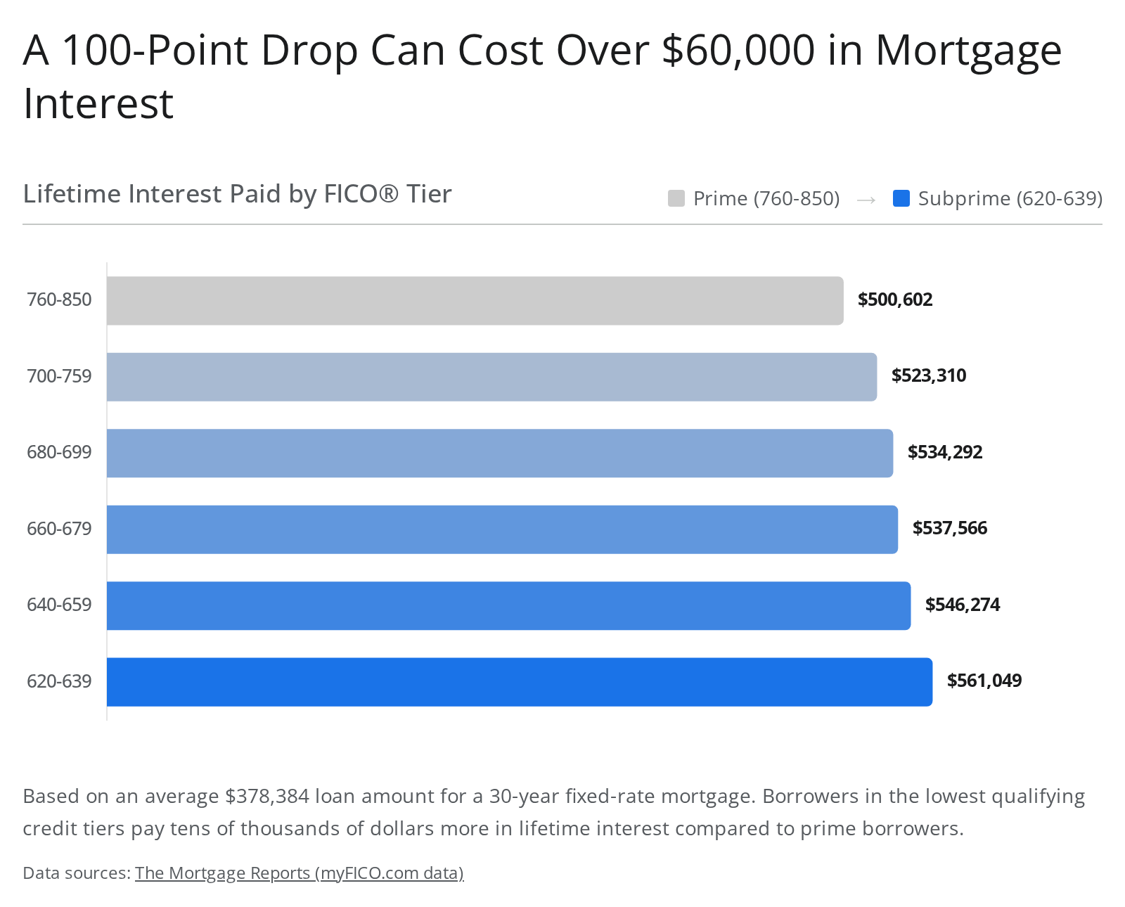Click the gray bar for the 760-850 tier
(475, 301)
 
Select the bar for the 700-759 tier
(491, 377)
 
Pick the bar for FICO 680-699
(500, 453)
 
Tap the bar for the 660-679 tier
(502, 529)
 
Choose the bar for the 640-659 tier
(508, 606)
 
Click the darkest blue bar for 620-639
(519, 682)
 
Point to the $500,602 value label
(895, 300)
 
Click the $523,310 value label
(928, 375)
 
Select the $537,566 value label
(950, 528)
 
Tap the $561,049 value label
(984, 681)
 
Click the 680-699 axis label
(59, 452)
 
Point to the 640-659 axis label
(59, 605)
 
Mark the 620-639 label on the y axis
(59, 681)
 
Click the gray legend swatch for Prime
(676, 199)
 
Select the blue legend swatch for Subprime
(901, 199)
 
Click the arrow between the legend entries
(866, 200)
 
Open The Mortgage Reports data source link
(299, 873)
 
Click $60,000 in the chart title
(738, 51)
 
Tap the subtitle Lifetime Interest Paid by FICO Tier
(237, 194)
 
